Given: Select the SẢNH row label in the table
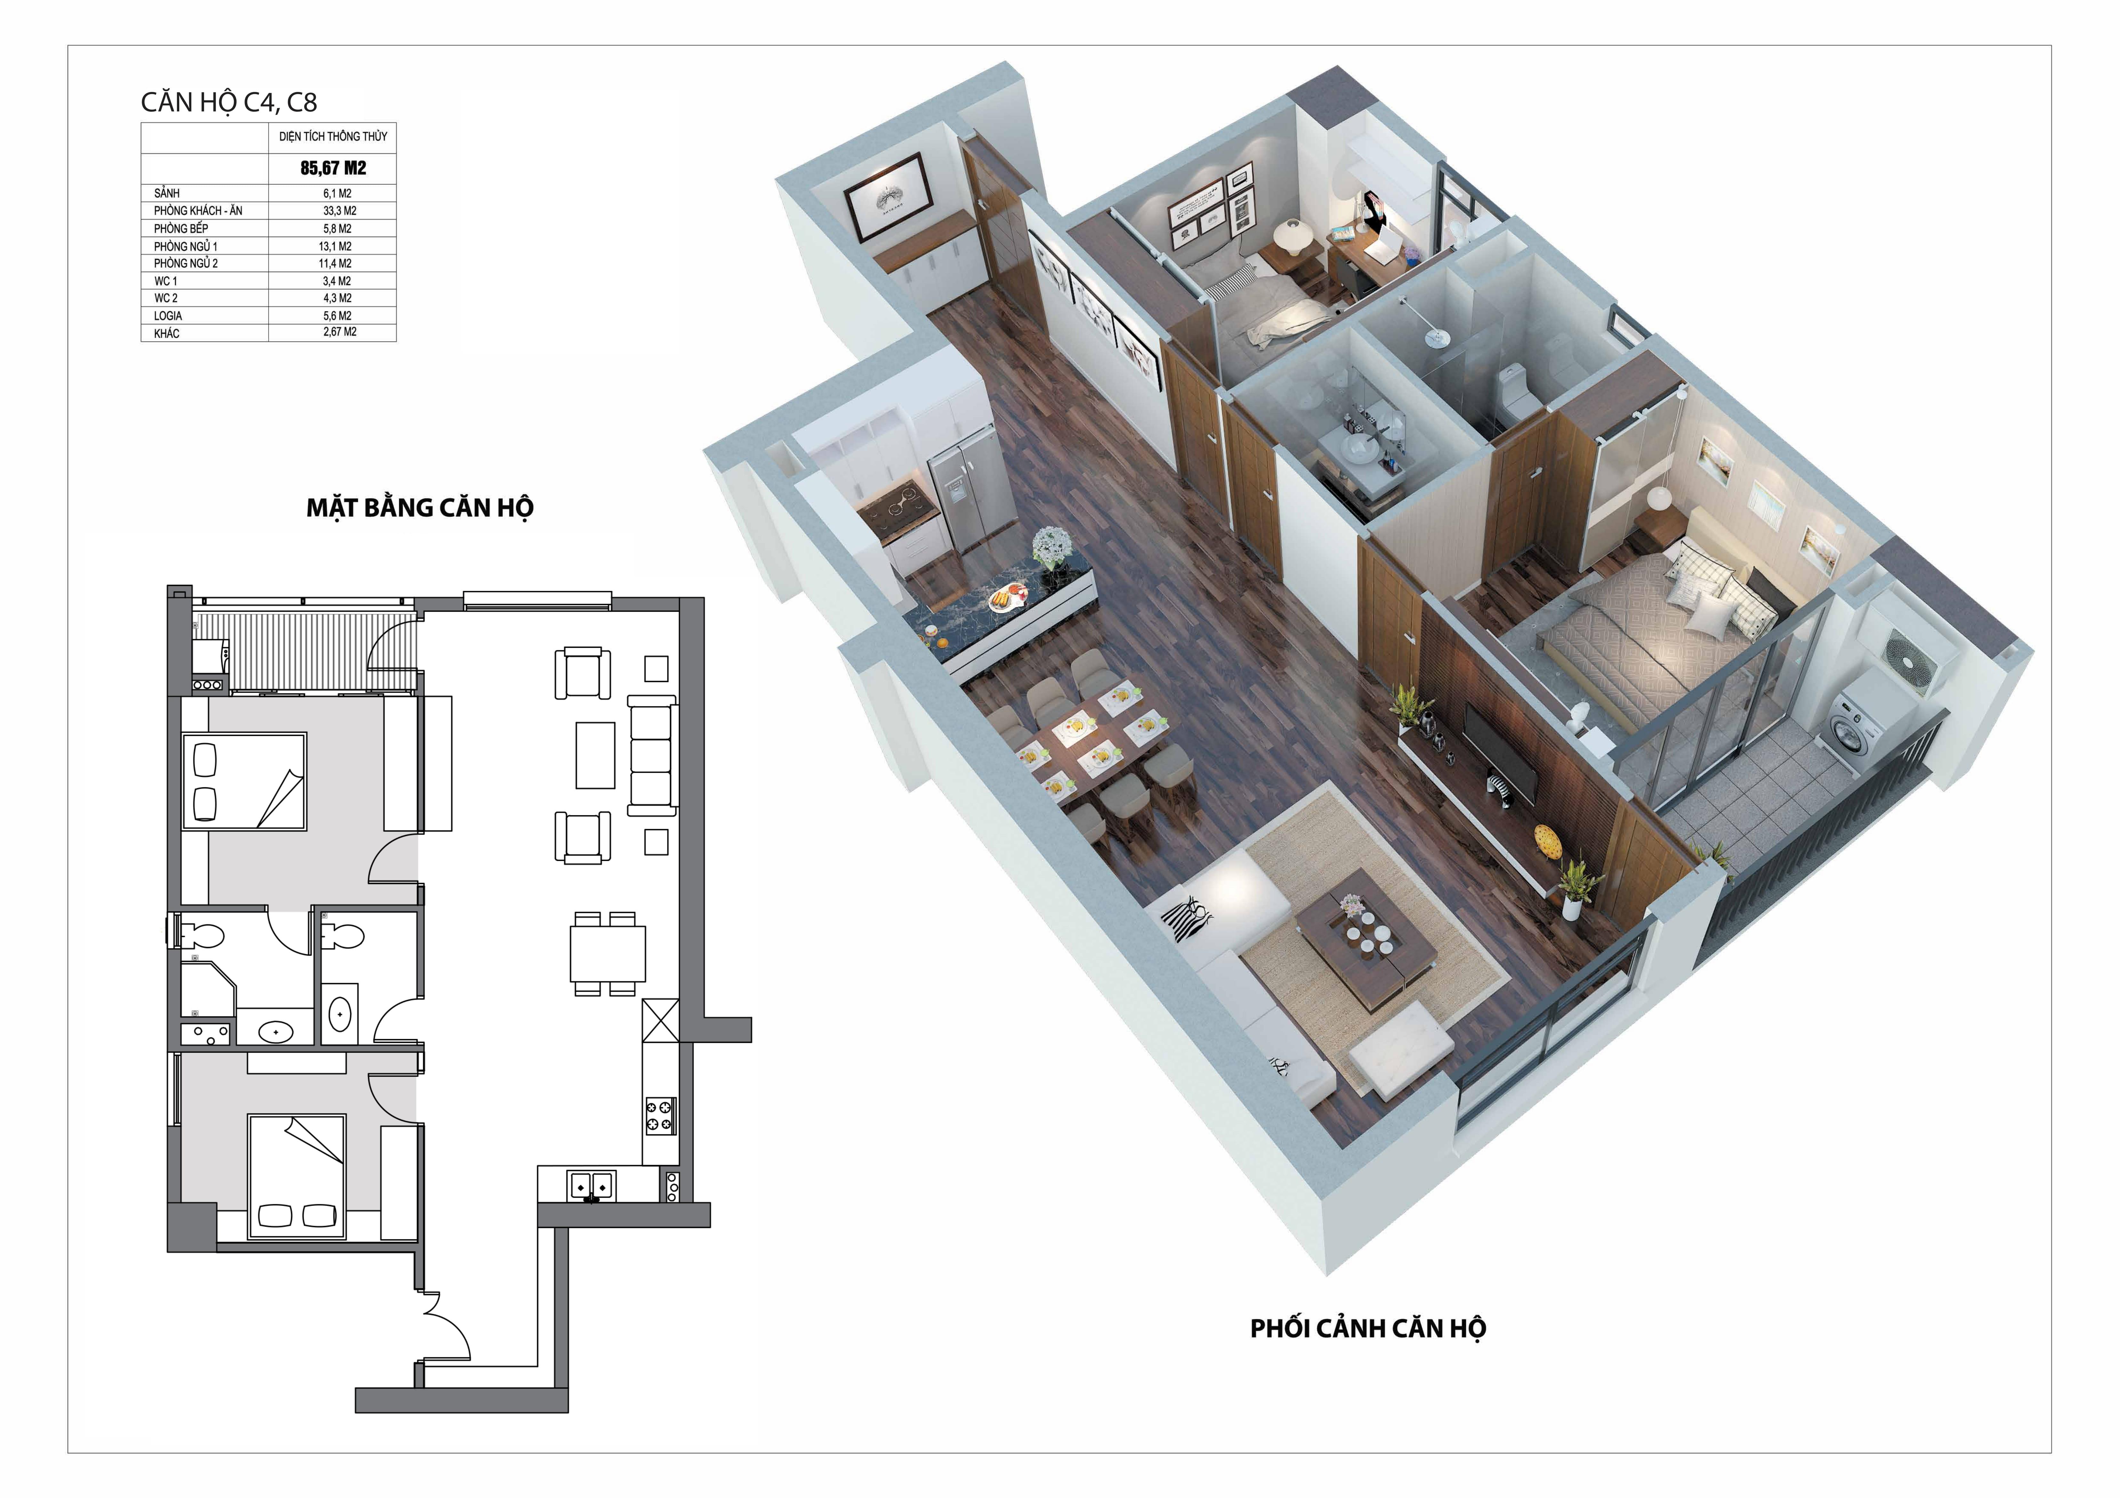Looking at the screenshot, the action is click(167, 193).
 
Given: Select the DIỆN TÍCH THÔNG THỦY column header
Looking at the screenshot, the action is click(333, 137).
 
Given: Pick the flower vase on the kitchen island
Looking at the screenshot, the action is click(1050, 550).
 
